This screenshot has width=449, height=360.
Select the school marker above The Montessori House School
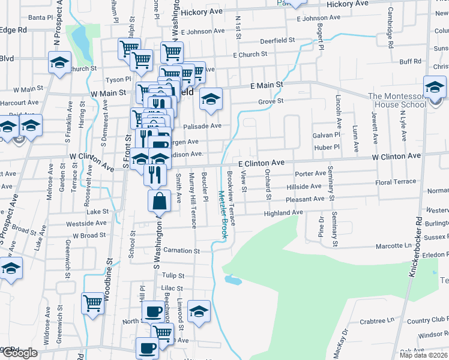coord(435,87)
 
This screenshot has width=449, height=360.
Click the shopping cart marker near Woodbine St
coord(93,304)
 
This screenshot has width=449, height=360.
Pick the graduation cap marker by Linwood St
coord(199,311)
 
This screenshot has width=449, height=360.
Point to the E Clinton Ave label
coord(261,163)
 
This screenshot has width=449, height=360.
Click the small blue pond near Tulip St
coord(233,280)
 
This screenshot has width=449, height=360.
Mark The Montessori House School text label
coord(397,100)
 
